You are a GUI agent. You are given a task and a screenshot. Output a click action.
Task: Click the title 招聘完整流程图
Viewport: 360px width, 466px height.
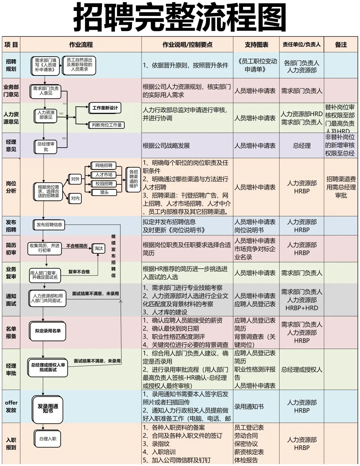180,17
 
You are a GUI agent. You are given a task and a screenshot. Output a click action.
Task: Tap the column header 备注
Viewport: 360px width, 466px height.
341,45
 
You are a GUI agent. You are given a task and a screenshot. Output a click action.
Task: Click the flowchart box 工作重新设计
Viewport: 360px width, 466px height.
105,108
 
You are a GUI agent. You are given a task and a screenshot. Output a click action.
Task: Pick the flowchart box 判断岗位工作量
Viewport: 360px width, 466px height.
107,125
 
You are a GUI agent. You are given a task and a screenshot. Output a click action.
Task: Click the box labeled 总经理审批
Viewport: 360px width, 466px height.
46,147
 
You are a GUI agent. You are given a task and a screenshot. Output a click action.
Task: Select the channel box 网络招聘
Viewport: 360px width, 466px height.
104,166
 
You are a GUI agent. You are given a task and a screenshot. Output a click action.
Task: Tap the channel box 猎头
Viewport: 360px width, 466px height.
104,192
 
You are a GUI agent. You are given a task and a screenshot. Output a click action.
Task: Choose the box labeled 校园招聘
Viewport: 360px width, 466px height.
104,184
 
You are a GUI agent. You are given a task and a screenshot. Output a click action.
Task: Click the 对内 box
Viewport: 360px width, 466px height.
75,198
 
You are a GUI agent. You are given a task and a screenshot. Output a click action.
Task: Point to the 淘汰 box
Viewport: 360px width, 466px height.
98,248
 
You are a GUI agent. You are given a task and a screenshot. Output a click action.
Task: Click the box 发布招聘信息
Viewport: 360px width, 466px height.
49,225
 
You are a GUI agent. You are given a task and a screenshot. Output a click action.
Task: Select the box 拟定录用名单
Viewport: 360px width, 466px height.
48,331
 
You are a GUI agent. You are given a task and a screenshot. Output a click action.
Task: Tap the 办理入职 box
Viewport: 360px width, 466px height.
48,439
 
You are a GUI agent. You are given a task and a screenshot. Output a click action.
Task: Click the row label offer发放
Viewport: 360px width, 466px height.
11,406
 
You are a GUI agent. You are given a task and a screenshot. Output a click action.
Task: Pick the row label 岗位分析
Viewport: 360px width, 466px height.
11,187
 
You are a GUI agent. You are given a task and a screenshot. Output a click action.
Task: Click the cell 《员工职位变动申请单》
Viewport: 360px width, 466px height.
256,65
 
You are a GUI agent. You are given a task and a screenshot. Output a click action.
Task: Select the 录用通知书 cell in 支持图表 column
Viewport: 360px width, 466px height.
249,407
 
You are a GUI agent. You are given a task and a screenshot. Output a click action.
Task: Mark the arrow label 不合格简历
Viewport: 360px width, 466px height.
77,246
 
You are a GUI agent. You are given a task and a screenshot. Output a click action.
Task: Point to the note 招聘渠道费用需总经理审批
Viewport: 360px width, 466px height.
341,187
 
